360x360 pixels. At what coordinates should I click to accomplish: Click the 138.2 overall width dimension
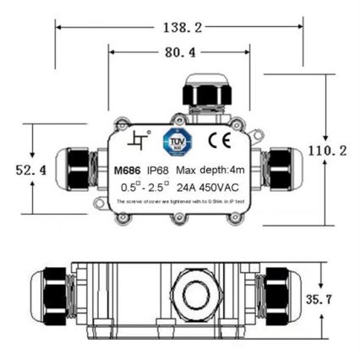pyautogui.click(x=180, y=28)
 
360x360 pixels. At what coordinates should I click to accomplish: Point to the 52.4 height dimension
pyautogui.click(x=31, y=170)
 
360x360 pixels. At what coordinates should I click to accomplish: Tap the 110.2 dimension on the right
pyautogui.click(x=327, y=150)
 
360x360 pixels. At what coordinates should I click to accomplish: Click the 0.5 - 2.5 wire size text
pyautogui.click(x=145, y=186)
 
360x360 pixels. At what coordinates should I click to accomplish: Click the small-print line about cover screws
pyautogui.click(x=179, y=203)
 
